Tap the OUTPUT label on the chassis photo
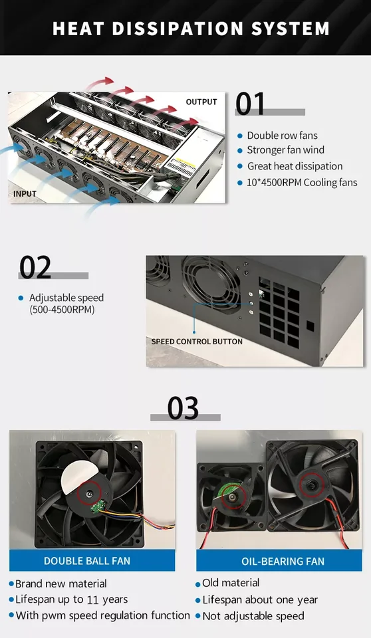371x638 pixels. [x=201, y=102]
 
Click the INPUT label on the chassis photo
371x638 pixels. [x=25, y=193]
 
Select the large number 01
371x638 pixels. [x=250, y=104]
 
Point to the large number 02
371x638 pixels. [x=35, y=267]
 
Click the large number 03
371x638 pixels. [x=183, y=408]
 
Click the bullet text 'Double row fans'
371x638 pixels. [x=282, y=136]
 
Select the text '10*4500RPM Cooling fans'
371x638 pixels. [x=302, y=182]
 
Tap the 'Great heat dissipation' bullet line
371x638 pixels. [x=295, y=166]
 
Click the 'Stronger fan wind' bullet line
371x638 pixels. [x=285, y=151]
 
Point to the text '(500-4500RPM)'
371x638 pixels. [x=62, y=310]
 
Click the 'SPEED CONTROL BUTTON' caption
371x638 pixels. [x=197, y=342]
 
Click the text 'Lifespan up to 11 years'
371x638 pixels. [x=72, y=599]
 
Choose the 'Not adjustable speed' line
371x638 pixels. [x=253, y=616]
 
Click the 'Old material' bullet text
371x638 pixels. [x=231, y=583]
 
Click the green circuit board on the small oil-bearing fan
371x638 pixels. [x=229, y=492]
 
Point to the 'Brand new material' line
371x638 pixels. [x=61, y=584]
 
